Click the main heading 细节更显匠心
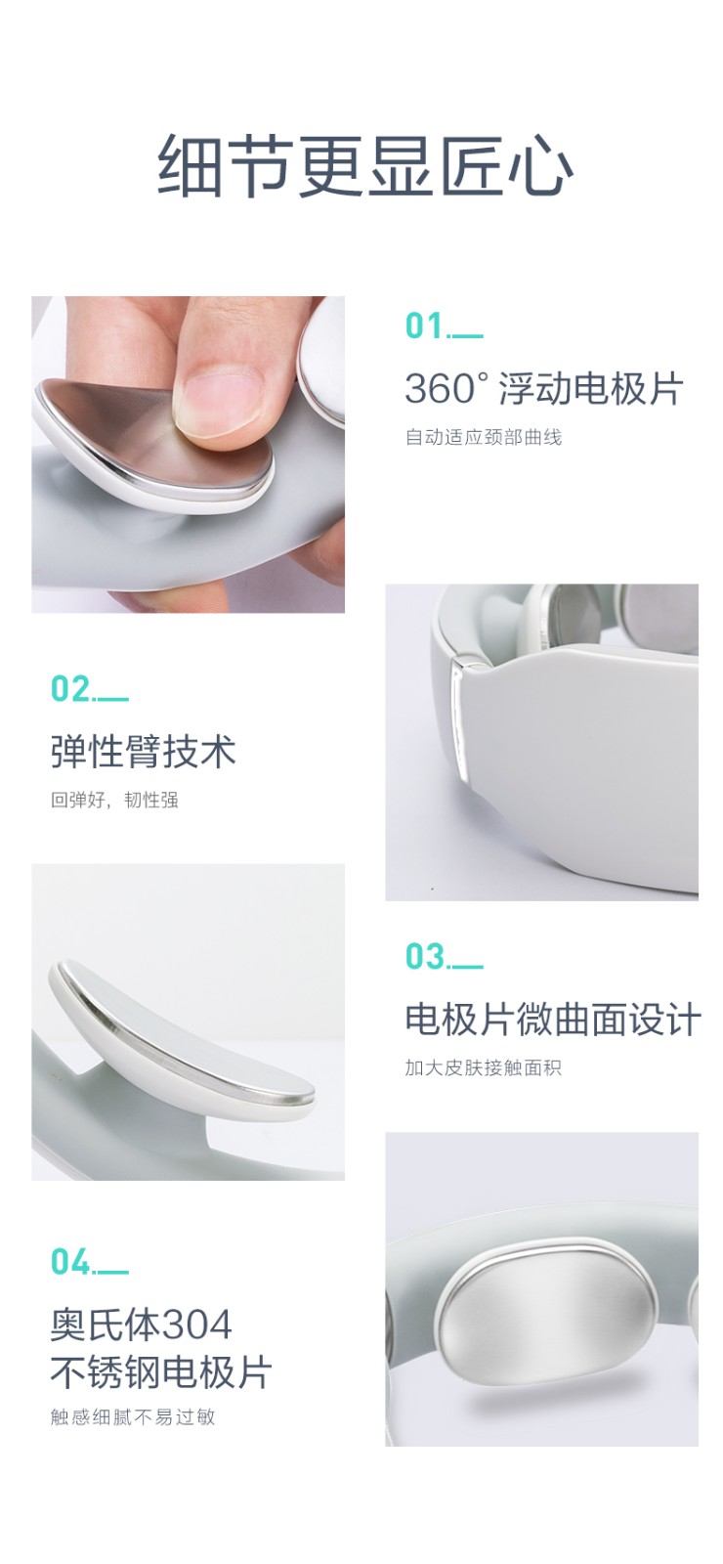point(364,166)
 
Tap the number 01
point(424,326)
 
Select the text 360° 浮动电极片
point(543,389)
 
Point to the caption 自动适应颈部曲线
point(484,437)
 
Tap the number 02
point(69,689)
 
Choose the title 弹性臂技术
point(143,753)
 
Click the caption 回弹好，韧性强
point(114,801)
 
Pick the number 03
point(424,957)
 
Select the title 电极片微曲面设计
point(552,1020)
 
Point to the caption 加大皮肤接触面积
point(484,1067)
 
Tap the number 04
point(69,1262)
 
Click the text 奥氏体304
point(141,1325)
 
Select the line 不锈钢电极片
point(160,1372)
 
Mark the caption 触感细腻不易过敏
point(133,1416)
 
